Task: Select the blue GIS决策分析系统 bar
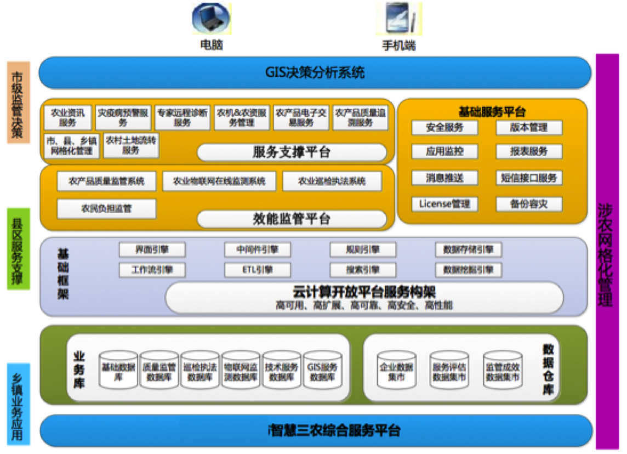click(x=315, y=72)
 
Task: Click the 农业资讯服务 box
click(x=67, y=118)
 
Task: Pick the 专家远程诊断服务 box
click(x=182, y=118)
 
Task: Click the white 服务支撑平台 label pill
click(x=292, y=152)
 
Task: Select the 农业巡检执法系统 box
click(x=332, y=181)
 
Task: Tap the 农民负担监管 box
click(x=106, y=209)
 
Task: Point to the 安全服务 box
click(x=444, y=128)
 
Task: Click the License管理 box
click(x=444, y=205)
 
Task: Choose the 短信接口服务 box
click(x=528, y=178)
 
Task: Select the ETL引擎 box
click(x=257, y=270)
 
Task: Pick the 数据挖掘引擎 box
click(x=468, y=270)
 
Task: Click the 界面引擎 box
click(x=152, y=250)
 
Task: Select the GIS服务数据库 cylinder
click(x=322, y=370)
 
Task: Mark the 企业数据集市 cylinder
click(x=396, y=370)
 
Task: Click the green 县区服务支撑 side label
click(x=19, y=248)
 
